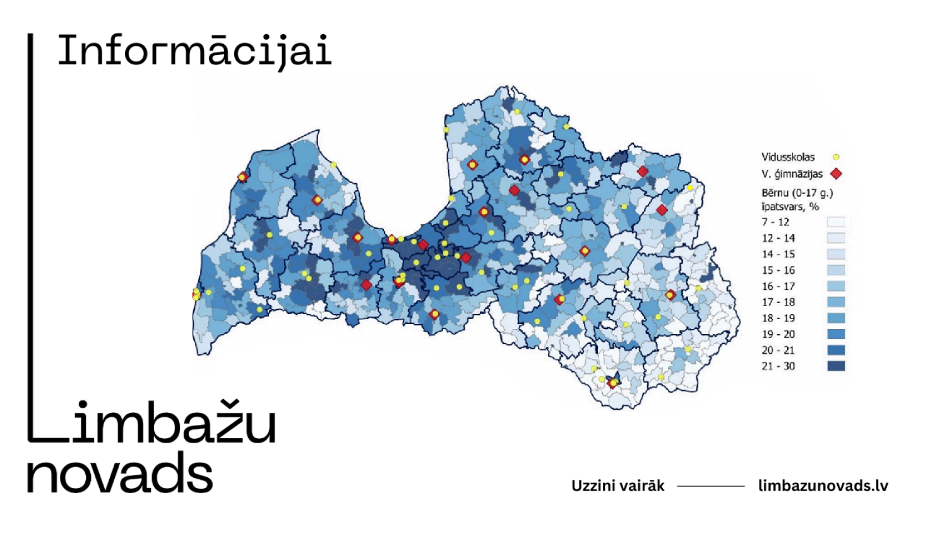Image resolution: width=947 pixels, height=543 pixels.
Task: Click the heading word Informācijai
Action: [x=194, y=52]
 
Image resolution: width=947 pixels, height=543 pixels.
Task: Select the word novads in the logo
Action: [x=120, y=474]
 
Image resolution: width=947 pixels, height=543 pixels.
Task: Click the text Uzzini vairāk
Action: [x=617, y=486]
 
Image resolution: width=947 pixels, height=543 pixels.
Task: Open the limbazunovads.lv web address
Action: [x=823, y=486]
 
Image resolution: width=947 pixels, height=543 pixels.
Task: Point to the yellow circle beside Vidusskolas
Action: [x=836, y=157]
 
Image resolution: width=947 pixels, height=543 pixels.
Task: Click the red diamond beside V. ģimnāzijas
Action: [x=836, y=174]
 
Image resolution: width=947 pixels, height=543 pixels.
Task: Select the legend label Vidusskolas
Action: [x=788, y=157]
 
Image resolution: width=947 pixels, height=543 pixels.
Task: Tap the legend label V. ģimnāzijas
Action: [x=792, y=174]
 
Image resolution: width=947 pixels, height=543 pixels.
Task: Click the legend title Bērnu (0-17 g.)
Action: [x=797, y=193]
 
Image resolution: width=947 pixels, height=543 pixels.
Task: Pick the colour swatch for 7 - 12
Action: [x=836, y=222]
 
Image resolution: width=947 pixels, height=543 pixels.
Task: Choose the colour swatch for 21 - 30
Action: [x=836, y=366]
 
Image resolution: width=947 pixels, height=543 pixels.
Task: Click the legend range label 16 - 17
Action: [x=778, y=286]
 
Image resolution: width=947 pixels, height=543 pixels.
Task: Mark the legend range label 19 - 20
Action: [x=778, y=334]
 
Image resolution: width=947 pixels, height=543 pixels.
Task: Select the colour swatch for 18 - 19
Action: [x=836, y=318]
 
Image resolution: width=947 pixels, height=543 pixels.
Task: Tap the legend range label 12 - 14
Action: [x=778, y=238]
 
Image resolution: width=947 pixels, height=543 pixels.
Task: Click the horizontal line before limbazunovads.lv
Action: [x=711, y=486]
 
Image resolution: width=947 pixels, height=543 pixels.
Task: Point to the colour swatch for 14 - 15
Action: [x=836, y=254]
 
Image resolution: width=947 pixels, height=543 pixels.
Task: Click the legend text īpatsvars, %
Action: [x=790, y=206]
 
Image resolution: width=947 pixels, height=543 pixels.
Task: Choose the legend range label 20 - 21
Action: [x=778, y=350]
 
